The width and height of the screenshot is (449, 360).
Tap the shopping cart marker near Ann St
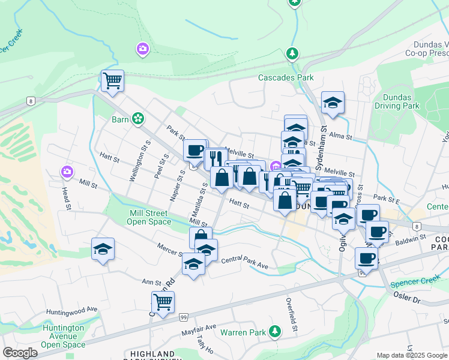coord(163,302)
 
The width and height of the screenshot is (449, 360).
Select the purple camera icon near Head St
coord(67,173)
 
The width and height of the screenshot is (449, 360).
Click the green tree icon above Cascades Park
coord(292,54)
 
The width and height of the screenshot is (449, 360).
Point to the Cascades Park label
coord(286,77)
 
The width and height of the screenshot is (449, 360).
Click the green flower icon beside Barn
coord(139,119)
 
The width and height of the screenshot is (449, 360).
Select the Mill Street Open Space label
coord(149,217)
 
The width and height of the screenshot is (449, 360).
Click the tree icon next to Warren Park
coord(275,331)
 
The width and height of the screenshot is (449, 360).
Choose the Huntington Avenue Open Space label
coord(63,336)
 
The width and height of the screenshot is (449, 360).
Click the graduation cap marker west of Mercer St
coord(103,248)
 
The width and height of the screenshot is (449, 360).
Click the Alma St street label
coord(341,137)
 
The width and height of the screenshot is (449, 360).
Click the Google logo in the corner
coord(20,353)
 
